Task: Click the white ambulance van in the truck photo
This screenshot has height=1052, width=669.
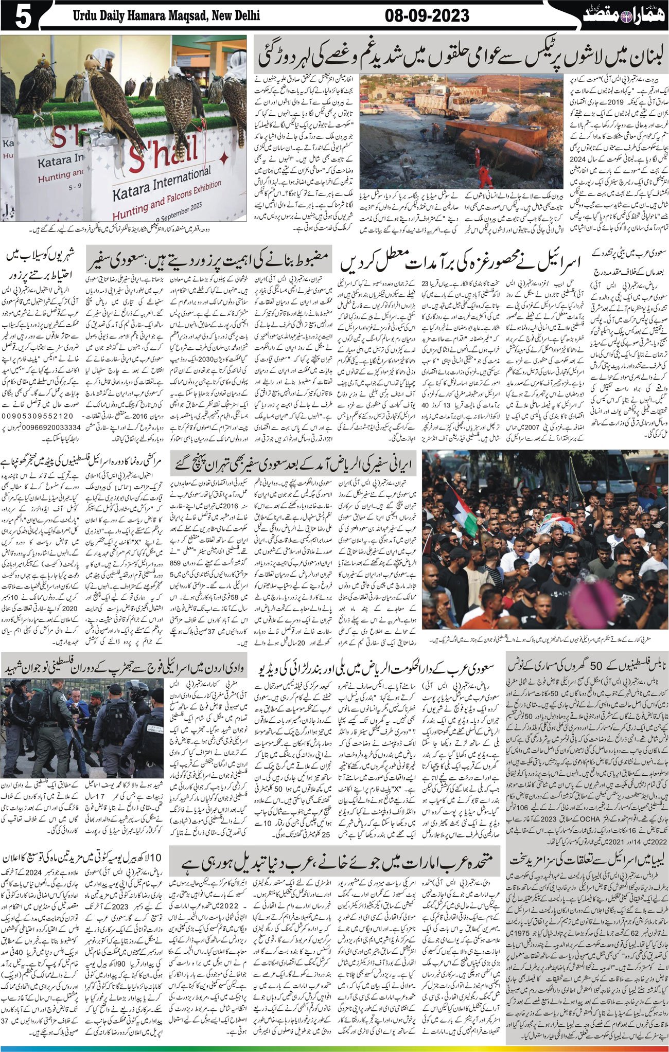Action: coord(371,108)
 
